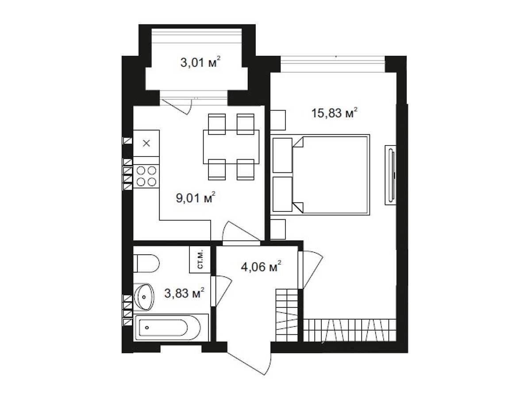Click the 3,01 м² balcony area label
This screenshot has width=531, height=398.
tap(200, 63)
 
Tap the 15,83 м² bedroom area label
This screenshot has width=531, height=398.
tap(335, 113)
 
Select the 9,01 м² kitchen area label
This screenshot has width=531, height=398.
tap(196, 198)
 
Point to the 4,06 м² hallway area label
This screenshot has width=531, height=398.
tap(261, 267)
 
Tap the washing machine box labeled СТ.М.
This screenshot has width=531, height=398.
tap(200, 259)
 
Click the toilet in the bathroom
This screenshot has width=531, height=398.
tap(146, 263)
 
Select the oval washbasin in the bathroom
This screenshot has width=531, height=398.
tap(144, 297)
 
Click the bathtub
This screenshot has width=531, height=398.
tap(171, 327)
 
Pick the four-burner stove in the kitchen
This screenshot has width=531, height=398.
tap(146, 176)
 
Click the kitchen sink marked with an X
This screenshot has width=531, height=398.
tap(146, 143)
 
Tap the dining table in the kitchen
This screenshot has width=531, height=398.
tap(231, 147)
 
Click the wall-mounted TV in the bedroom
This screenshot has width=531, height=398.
tap(391, 175)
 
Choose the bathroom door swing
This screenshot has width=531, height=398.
tap(221, 291)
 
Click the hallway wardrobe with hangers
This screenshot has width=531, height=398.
tap(286, 315)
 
